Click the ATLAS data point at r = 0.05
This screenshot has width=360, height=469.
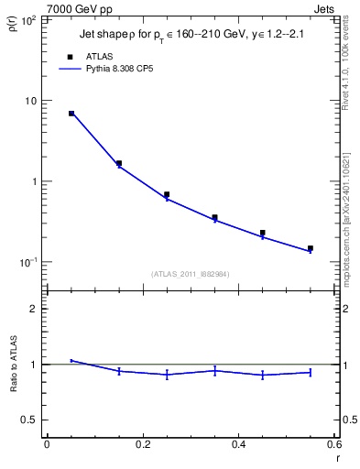pyautogui.click(x=71, y=114)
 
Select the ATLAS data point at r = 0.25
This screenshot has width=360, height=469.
pyautogui.click(x=167, y=194)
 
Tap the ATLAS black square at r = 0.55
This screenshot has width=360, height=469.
pyautogui.click(x=311, y=248)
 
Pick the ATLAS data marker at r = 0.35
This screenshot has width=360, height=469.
pyautogui.click(x=214, y=218)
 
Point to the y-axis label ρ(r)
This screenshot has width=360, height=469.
pyautogui.click(x=12, y=22)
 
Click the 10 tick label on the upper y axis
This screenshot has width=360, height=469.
pyautogui.click(x=30, y=101)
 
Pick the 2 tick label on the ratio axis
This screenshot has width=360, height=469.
pyautogui.click(x=35, y=309)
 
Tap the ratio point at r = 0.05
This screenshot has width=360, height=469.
pyautogui.click(x=71, y=361)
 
